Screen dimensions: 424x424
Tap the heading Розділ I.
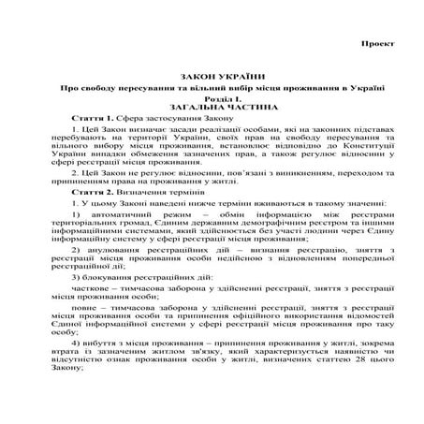coord(212,98)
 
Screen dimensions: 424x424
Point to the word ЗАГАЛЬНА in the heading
coord(183,109)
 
